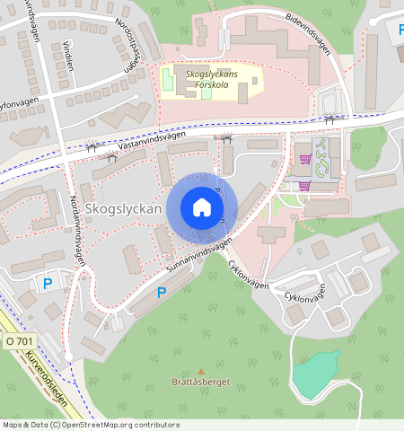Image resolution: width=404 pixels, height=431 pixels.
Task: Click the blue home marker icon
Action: click(202, 208)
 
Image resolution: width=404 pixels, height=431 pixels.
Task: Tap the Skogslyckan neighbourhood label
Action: click(124, 209)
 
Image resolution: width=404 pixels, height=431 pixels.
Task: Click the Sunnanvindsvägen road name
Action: click(198, 256)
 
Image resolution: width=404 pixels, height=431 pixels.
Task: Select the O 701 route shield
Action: click(19, 341)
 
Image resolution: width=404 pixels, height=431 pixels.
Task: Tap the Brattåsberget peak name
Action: click(200, 382)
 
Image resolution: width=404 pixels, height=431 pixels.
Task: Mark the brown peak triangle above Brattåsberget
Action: click(200, 370)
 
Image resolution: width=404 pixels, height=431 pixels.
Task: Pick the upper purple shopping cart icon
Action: click(307, 158)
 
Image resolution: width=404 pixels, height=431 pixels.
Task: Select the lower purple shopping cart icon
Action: click(304, 186)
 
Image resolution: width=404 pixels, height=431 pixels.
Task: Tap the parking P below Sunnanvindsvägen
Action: click(162, 292)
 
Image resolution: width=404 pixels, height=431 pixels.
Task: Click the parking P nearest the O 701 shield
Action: click(48, 284)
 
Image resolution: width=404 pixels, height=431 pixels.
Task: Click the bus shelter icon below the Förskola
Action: click(224, 138)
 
